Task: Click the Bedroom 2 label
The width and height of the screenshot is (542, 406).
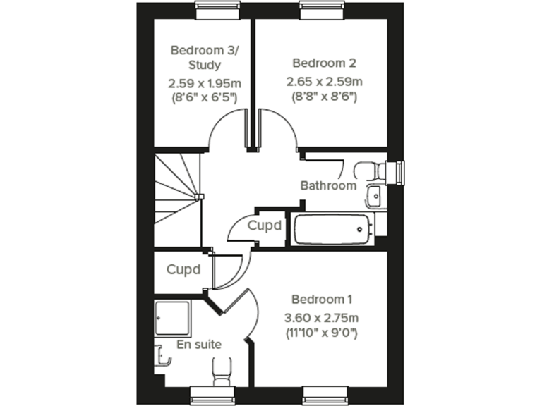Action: [320, 61]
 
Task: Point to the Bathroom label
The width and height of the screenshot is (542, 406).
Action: [328, 186]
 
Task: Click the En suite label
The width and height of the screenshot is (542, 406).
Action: [199, 345]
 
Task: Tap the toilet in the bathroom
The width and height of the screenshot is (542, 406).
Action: [371, 171]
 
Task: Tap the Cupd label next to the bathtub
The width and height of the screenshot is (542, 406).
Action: [265, 226]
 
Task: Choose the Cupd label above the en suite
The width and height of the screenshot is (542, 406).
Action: [183, 269]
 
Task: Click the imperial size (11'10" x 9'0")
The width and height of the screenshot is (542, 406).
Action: [321, 331]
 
